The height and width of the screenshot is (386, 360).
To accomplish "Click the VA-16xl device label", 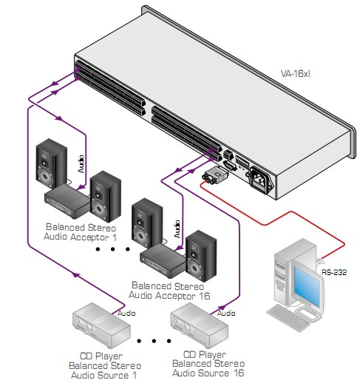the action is (295, 73).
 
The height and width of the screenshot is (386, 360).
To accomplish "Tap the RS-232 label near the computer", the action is (334, 272).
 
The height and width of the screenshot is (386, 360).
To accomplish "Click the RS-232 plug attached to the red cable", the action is (215, 175).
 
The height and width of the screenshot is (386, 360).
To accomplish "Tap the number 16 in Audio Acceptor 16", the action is (204, 296).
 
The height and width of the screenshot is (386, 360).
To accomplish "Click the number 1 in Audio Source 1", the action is (135, 375).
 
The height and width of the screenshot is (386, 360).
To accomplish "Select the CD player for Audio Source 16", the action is (199, 325).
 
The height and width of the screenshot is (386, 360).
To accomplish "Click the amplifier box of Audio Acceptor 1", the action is (67, 200).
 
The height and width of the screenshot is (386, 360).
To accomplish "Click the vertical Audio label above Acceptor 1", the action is (81, 164).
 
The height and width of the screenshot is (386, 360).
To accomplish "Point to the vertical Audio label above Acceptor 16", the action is (177, 229).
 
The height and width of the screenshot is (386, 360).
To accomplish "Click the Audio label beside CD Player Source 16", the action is (226, 313).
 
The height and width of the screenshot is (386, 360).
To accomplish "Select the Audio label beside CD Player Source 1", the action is (126, 313).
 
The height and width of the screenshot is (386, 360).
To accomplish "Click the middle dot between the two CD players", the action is (154, 341).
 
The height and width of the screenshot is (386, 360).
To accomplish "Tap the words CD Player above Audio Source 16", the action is (205, 354).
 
